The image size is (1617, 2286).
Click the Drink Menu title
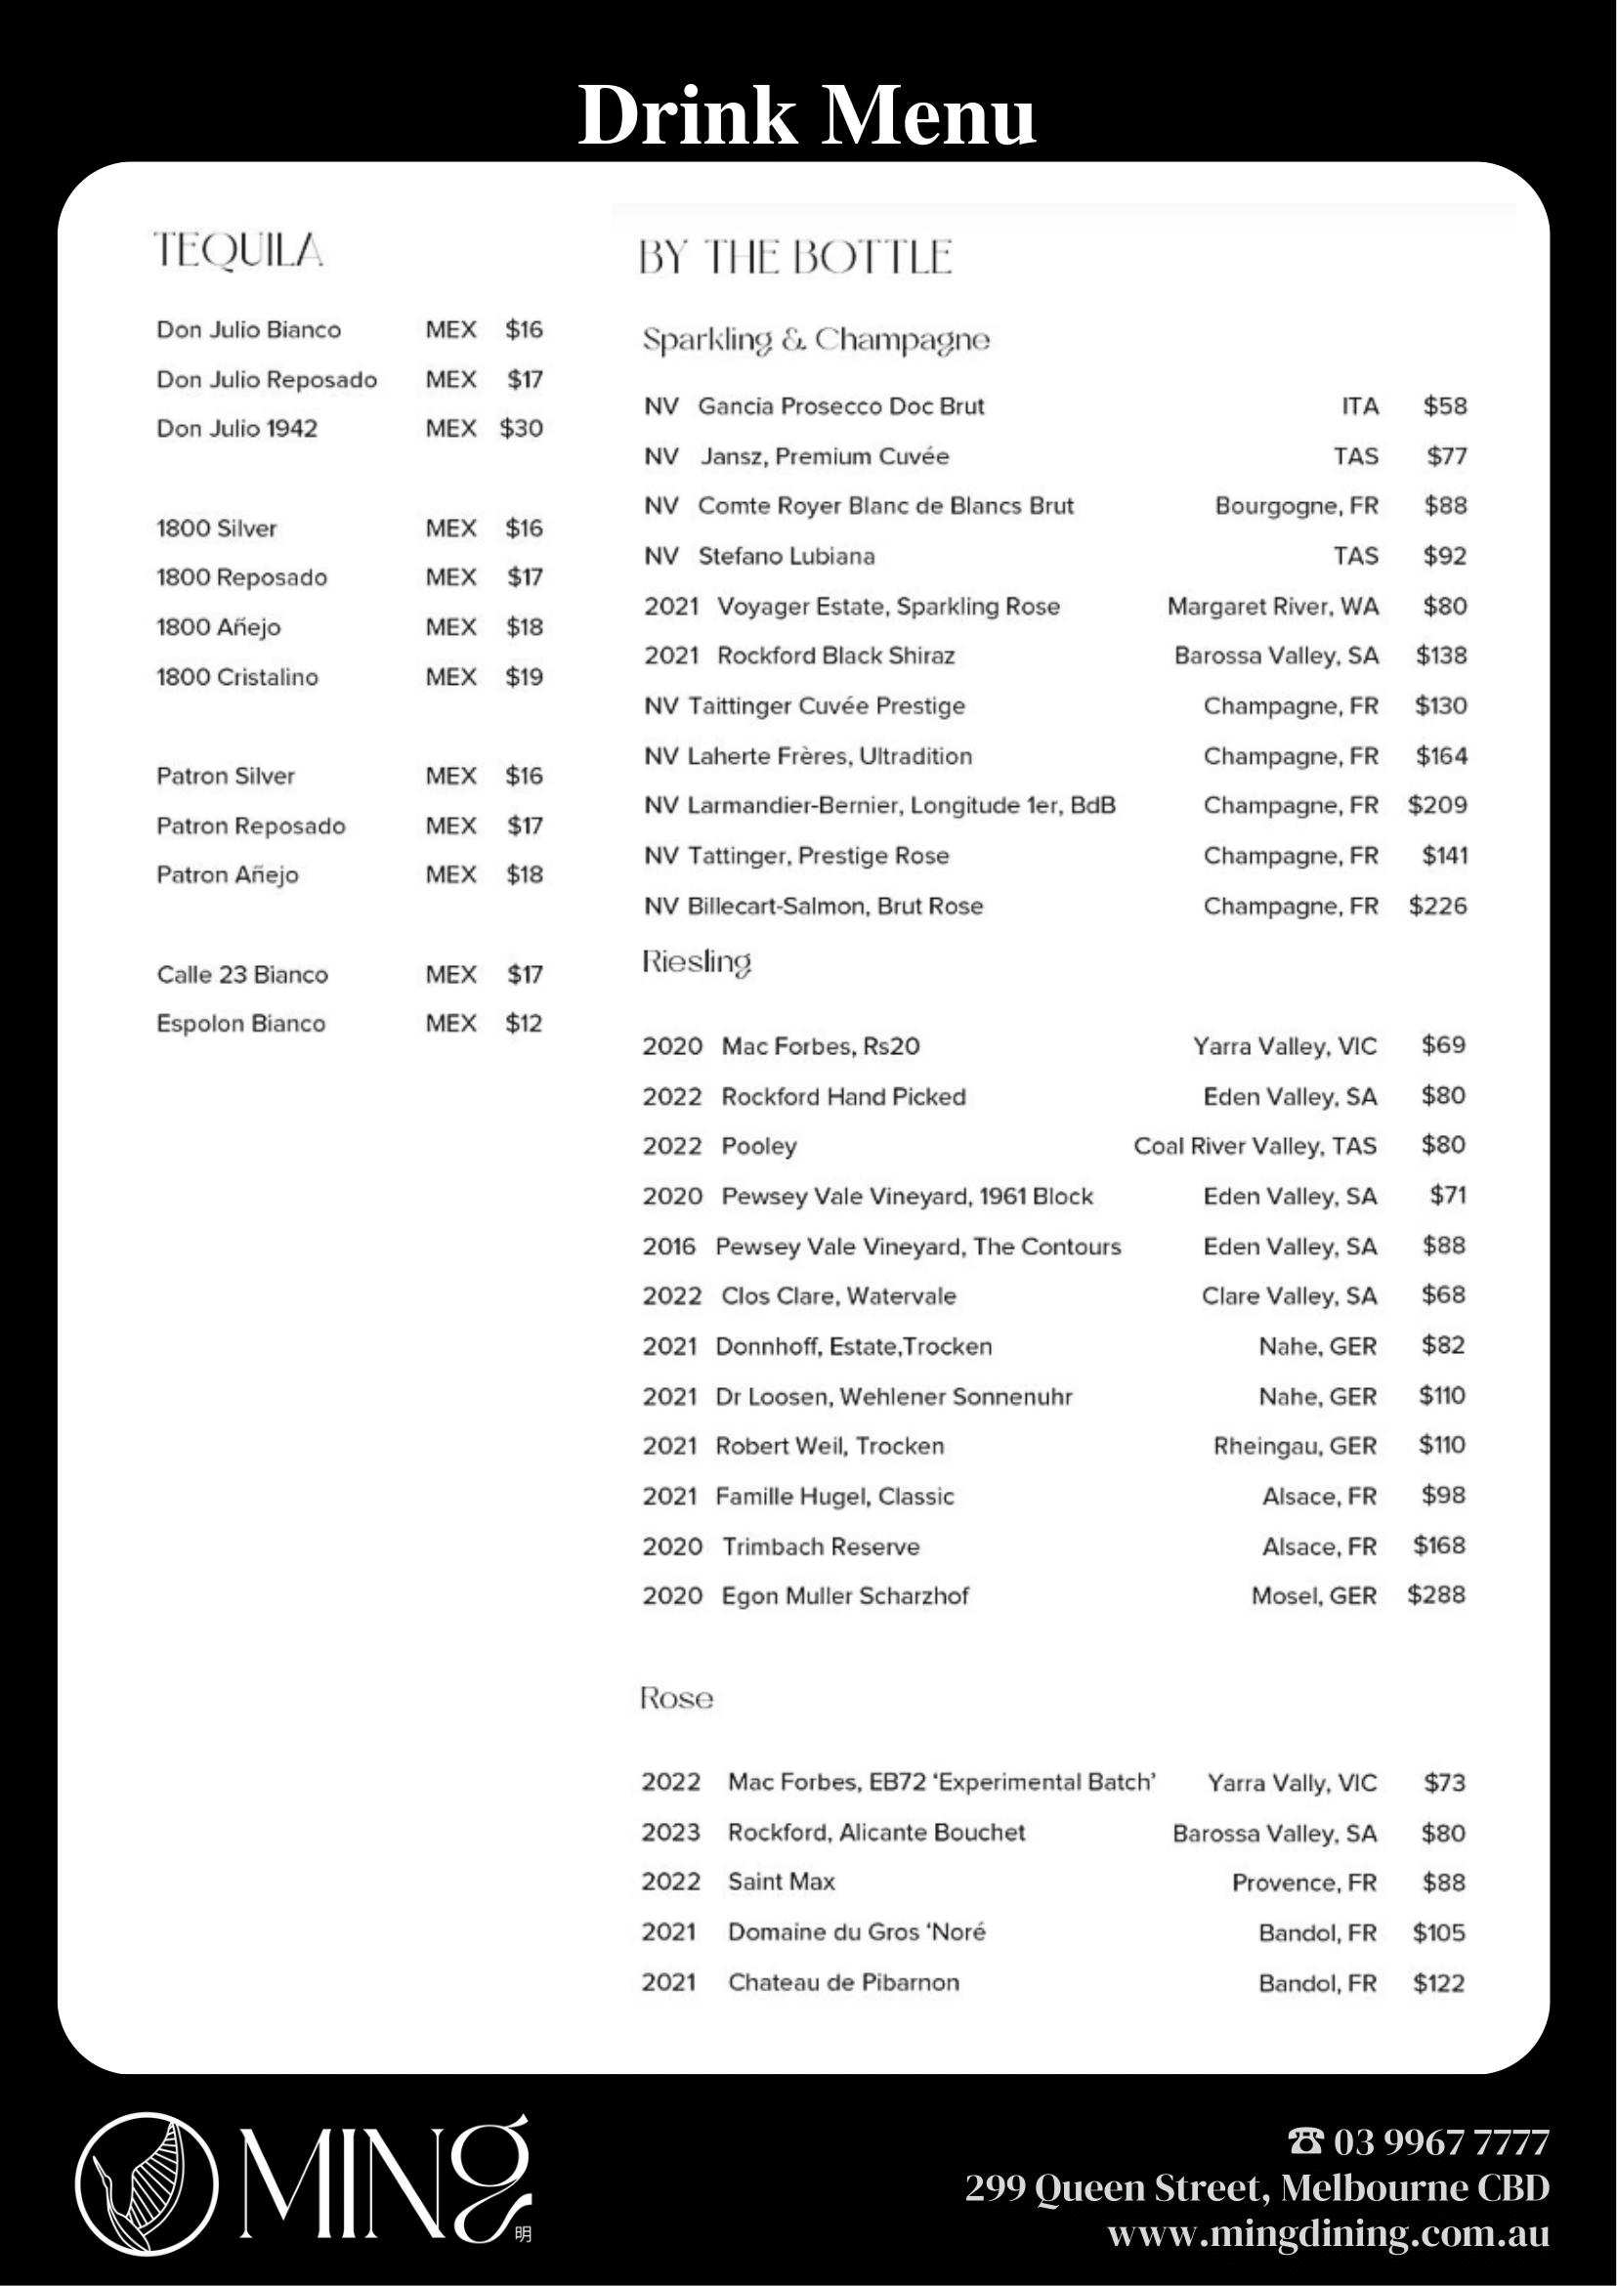tap(806, 115)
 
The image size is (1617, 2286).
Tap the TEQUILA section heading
tap(239, 251)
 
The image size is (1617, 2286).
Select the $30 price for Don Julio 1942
tap(521, 429)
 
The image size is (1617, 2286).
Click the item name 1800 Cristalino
tap(237, 677)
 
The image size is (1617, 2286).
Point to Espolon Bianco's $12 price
tap(523, 1024)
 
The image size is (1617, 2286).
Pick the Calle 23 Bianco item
tap(242, 975)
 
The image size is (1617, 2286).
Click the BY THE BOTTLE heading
tap(794, 258)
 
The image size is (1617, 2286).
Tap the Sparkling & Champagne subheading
tap(816, 341)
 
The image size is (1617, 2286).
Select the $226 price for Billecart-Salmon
tap(1437, 906)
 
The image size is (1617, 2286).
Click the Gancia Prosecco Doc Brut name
tap(840, 406)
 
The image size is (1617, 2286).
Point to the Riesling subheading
tap(696, 962)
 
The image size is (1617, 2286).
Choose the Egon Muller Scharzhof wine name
tap(844, 1596)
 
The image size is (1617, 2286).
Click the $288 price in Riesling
tap(1436, 1595)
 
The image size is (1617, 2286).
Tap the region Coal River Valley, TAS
tap(1255, 1146)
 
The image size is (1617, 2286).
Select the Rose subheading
tap(676, 1699)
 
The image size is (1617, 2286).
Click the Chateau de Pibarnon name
tap(843, 1982)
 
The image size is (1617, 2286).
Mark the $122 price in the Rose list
tap(1438, 1983)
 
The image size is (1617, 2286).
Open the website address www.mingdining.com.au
tap(1328, 2234)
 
